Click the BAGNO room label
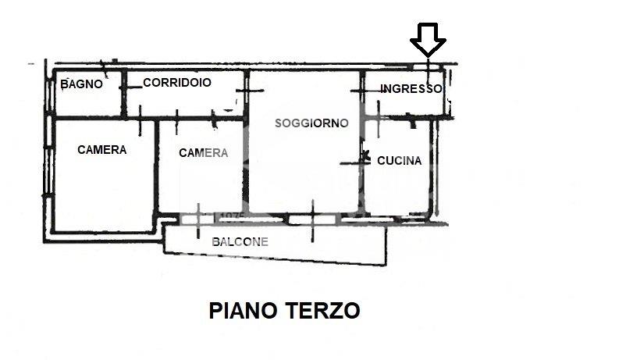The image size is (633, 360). coord(81,84)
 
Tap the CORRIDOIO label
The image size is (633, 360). coord(177,83)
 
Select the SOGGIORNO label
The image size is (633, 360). coord(311,123)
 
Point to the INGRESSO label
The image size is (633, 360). coord(411,88)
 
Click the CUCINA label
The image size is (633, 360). coord(400,161)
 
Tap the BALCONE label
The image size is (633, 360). coord(240,241)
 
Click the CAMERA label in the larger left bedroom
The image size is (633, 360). coord(101,150)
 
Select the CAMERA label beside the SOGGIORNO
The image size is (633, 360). coord(203,153)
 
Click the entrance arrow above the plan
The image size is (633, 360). coord(428,40)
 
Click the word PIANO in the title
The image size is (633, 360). coord(243,311)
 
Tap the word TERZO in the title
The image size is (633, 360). coord(322,311)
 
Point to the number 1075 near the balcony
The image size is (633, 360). coord(233,217)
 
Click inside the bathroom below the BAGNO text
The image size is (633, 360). coord(87,103)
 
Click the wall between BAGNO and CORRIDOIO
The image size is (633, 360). coord(124,94)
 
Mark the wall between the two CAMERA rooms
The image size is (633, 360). coord(156,166)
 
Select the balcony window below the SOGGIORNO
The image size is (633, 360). coord(312,219)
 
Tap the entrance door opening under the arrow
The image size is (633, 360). coord(426,66)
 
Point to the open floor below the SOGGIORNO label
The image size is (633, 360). coord(304,169)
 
